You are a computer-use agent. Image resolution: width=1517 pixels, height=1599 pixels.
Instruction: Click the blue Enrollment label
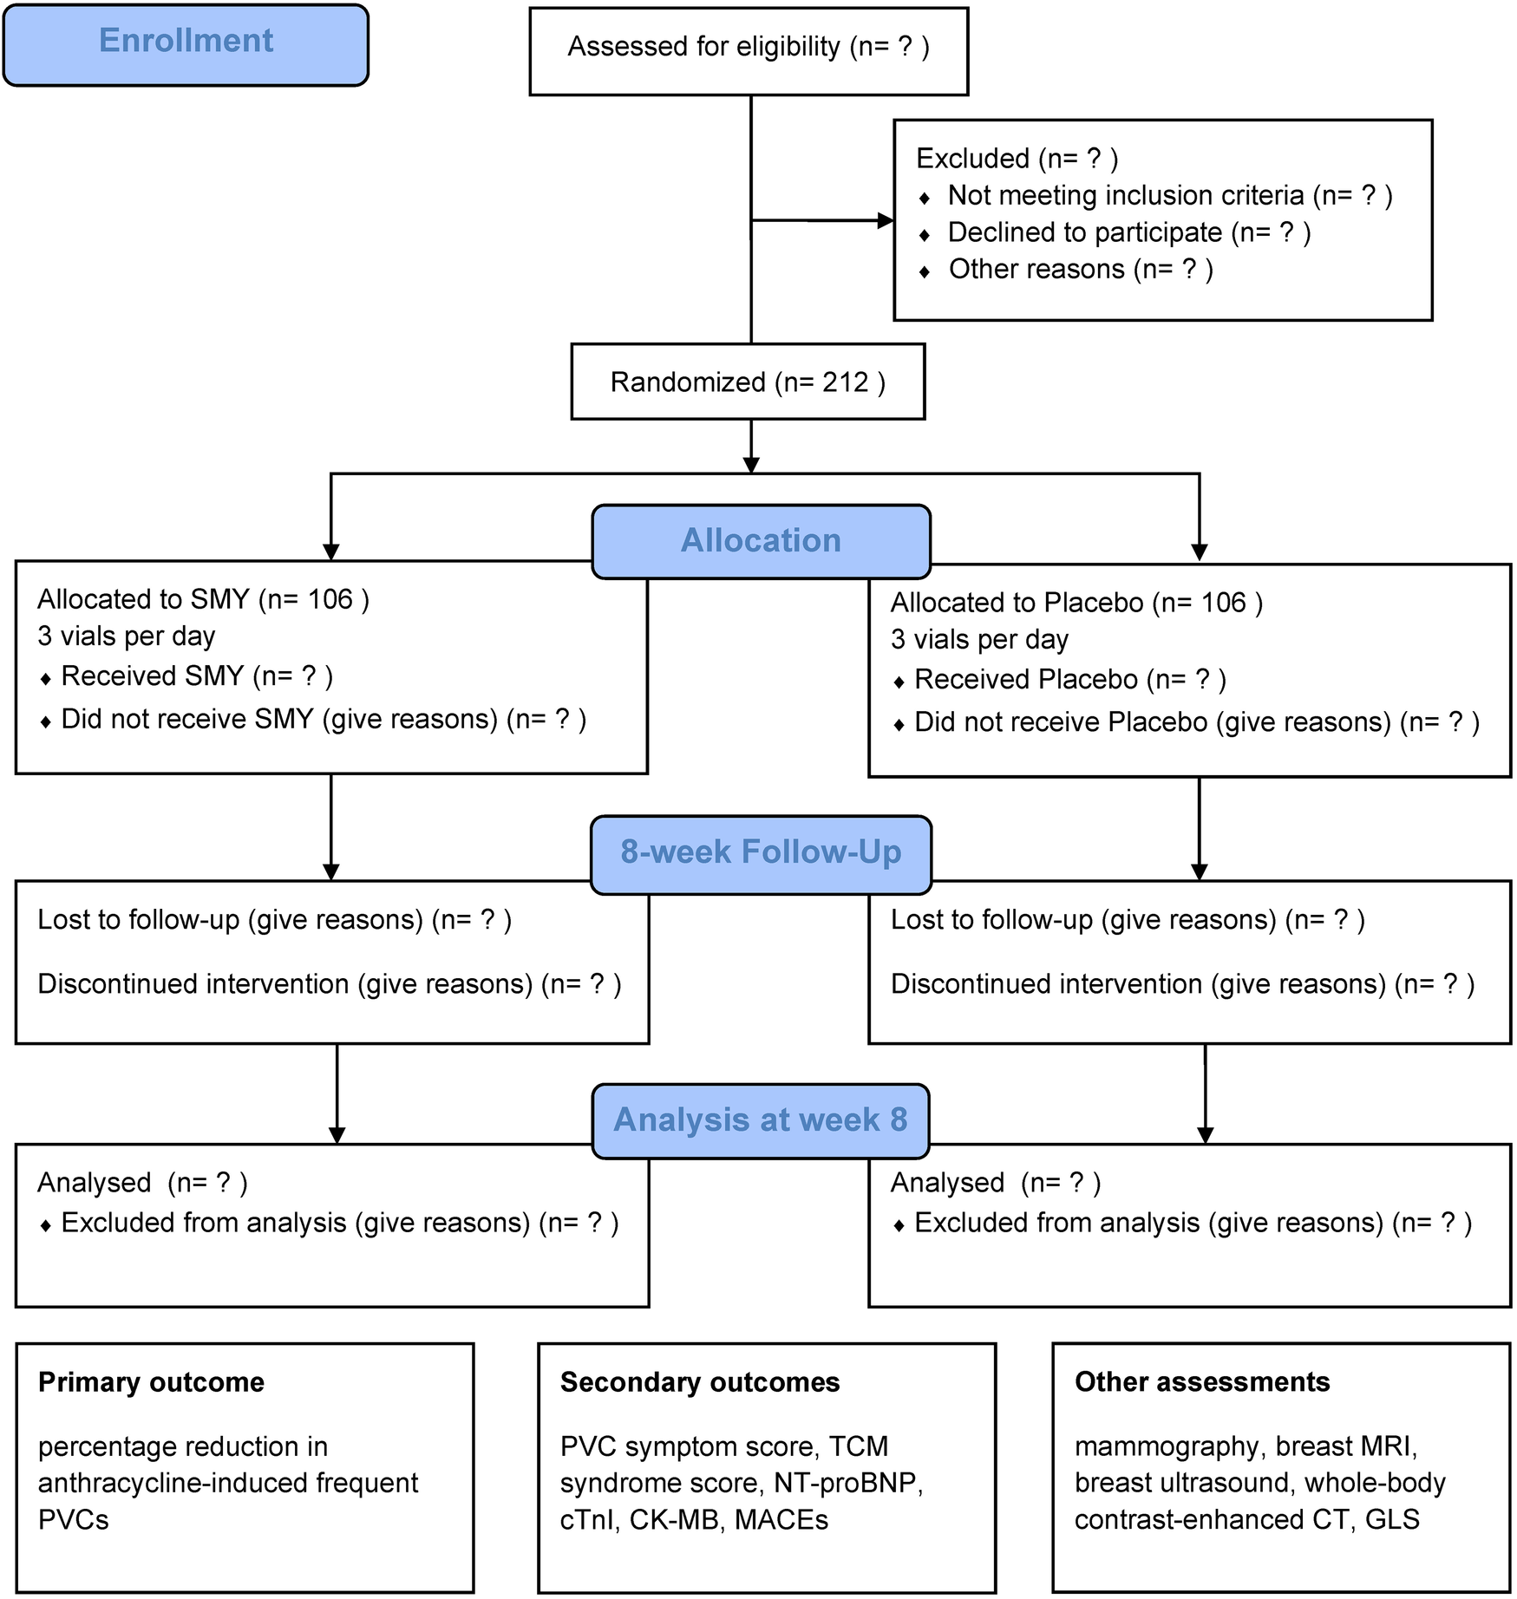pos(186,42)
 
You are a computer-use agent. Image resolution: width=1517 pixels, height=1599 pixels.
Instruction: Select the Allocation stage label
pos(761,541)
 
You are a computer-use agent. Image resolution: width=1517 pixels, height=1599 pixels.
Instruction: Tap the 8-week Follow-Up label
pos(761,852)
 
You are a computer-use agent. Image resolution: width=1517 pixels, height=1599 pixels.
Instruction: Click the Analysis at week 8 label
pos(761,1120)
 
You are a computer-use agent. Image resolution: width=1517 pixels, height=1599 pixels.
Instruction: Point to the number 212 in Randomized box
pos(845,382)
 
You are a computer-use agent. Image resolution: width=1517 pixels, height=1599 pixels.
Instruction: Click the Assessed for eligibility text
pos(703,47)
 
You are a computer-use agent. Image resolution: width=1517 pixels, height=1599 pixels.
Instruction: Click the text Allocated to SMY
pos(143,599)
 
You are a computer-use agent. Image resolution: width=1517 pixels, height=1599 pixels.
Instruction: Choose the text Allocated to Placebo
pos(1017,603)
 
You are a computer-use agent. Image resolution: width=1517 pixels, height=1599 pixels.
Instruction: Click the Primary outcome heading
pos(151,1382)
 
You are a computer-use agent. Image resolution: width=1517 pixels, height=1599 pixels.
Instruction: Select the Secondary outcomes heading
pos(699,1382)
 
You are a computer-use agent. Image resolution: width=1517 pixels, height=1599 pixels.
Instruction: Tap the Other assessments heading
pos(1201,1382)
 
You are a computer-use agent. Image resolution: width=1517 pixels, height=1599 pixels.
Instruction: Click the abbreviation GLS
pos(1392,1520)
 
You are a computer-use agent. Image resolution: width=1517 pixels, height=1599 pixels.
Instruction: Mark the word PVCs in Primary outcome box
pos(74,1520)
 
